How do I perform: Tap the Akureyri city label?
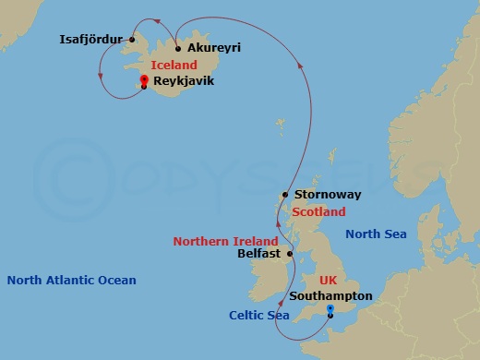click(x=213, y=48)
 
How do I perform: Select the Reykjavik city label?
click(x=184, y=82)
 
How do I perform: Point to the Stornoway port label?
click(x=327, y=196)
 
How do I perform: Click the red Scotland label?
click(x=318, y=212)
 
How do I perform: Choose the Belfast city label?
click(x=258, y=253)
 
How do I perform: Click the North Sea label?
click(x=376, y=234)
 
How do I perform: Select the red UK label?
click(x=329, y=280)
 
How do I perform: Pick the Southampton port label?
click(x=330, y=296)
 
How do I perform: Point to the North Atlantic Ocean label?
click(x=71, y=281)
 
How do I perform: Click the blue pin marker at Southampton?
click(x=330, y=309)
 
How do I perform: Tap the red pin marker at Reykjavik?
click(x=144, y=80)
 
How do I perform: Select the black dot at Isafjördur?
click(x=132, y=41)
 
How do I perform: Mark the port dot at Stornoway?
click(x=285, y=196)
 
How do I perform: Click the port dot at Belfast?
click(x=290, y=253)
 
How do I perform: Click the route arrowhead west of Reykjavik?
click(x=101, y=80)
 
